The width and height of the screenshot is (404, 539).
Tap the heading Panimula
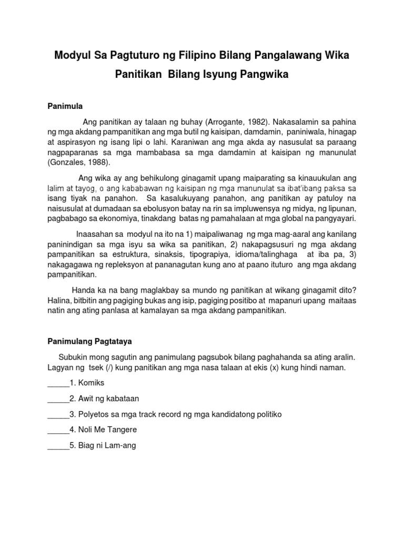pyautogui.click(x=65, y=106)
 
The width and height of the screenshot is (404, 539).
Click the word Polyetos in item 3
pyautogui.click(x=95, y=414)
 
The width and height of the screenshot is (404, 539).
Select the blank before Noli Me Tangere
pyautogui.click(x=58, y=430)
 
